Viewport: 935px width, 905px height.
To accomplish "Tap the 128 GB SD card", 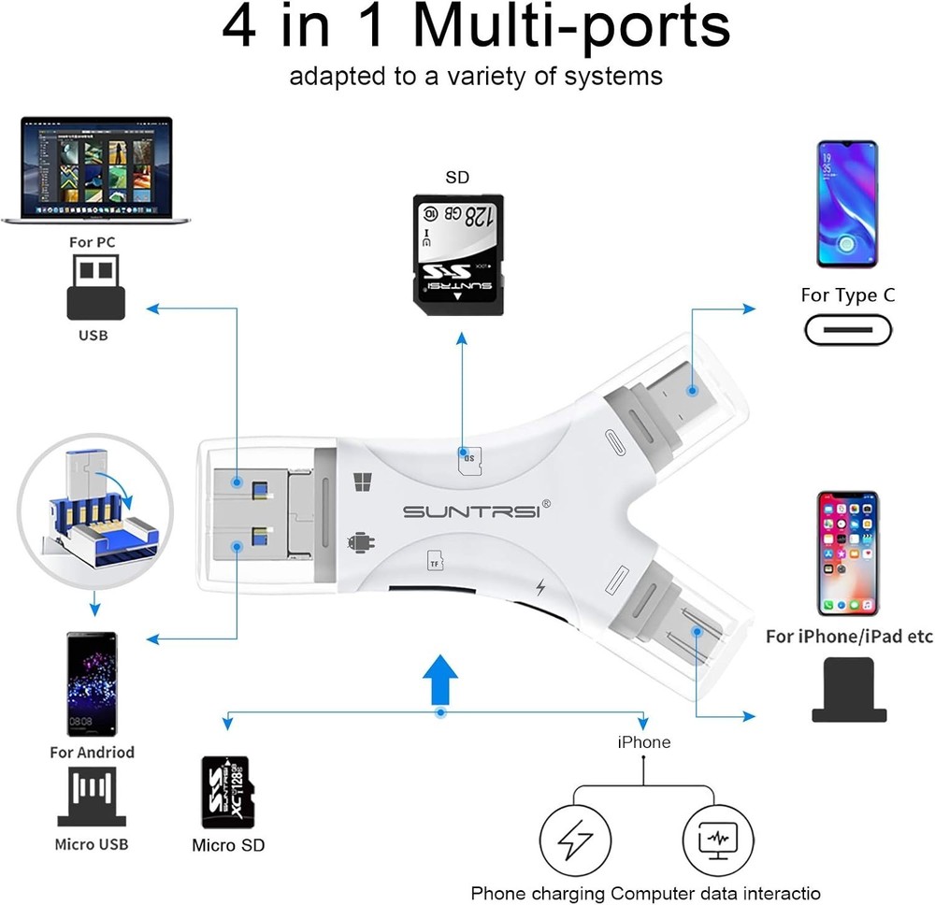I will [x=458, y=249].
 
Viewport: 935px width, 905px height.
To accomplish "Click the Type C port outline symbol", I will [x=847, y=330].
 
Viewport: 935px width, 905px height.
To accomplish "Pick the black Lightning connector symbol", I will [x=847, y=690].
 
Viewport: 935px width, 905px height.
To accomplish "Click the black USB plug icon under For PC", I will [x=95, y=289].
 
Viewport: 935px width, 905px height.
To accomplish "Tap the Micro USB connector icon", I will [x=92, y=797].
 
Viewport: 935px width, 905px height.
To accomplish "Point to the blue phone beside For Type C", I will [x=847, y=204].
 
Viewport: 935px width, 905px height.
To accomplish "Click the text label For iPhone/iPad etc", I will [x=849, y=637].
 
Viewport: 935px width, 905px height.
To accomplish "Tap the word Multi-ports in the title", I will [x=572, y=28].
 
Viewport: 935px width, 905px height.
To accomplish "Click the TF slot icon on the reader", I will [x=435, y=561].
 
